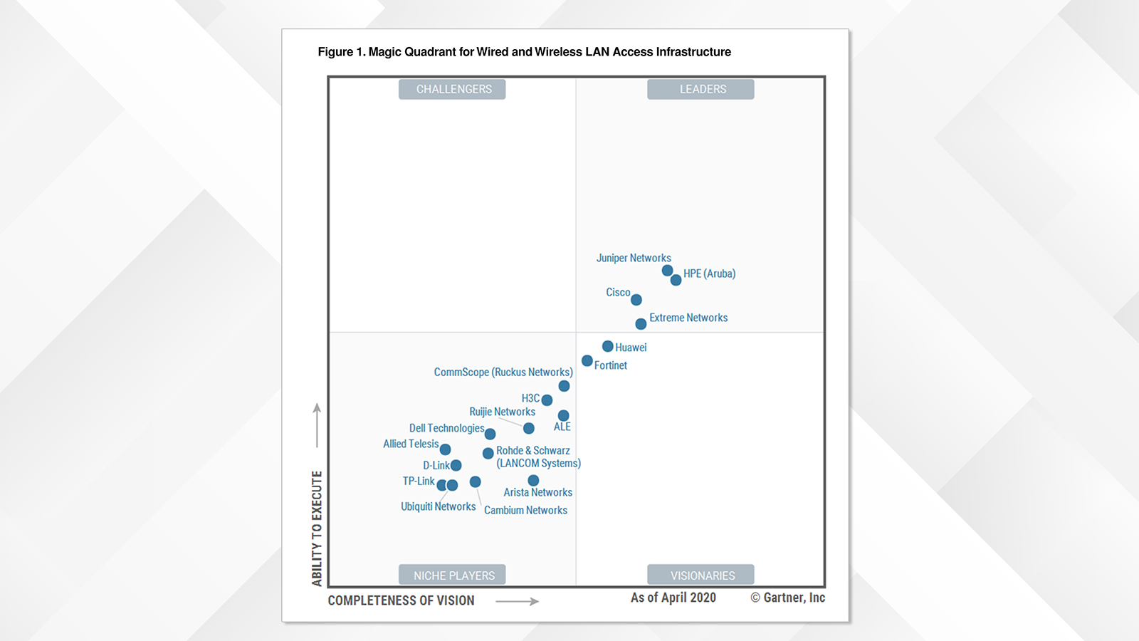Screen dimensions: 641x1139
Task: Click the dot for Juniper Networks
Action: click(x=667, y=271)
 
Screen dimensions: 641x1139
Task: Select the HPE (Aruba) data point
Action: click(x=676, y=280)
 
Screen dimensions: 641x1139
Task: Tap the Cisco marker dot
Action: click(x=636, y=300)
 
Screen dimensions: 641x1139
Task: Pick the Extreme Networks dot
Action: click(x=641, y=324)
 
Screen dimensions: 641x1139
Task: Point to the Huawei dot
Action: click(x=608, y=346)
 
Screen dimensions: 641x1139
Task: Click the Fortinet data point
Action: click(x=587, y=361)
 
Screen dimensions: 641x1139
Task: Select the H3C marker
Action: click(x=547, y=400)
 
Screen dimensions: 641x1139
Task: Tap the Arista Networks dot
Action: click(x=533, y=481)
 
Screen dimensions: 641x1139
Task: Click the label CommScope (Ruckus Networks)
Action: click(x=503, y=372)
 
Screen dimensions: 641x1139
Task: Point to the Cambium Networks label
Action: click(x=525, y=511)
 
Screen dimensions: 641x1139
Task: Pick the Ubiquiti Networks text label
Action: click(x=438, y=506)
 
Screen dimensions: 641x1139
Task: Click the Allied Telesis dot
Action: click(x=445, y=449)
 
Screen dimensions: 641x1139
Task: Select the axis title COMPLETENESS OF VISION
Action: click(x=401, y=600)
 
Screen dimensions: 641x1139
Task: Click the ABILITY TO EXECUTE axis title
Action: click(x=317, y=528)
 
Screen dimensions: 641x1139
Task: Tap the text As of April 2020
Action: click(x=673, y=598)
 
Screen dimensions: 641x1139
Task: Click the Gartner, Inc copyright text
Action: click(x=788, y=598)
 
